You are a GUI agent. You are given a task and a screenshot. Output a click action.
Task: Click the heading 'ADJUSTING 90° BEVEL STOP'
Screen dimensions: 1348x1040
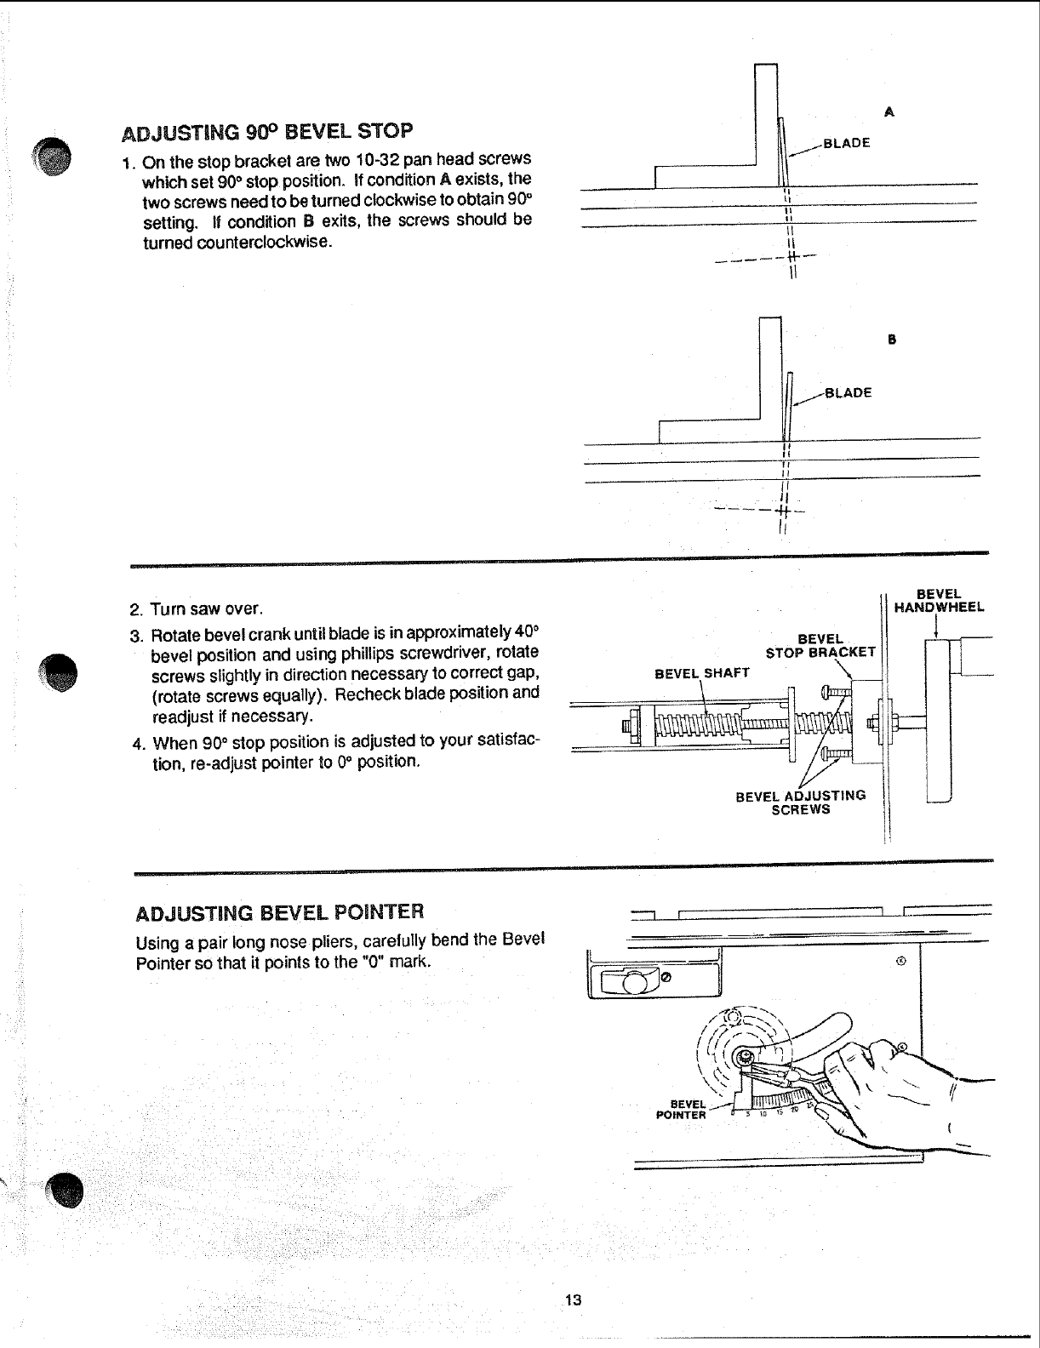click(268, 132)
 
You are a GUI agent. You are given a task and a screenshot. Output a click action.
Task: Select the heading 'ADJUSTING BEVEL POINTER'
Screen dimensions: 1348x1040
click(279, 913)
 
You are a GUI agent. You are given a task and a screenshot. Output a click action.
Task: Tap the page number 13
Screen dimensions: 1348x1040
click(572, 1299)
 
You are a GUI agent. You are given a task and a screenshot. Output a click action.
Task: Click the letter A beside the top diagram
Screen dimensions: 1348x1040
click(889, 111)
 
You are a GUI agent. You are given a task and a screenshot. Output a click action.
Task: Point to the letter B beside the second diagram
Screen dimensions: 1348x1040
click(892, 340)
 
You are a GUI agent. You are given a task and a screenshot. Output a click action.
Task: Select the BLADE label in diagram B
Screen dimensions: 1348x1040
click(849, 392)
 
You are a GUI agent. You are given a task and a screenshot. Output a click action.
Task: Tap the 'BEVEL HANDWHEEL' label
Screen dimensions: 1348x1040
click(939, 600)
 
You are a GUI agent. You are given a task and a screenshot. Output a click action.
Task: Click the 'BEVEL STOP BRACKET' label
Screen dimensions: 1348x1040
click(820, 646)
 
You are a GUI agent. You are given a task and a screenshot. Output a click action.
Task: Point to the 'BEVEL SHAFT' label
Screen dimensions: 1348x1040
click(701, 673)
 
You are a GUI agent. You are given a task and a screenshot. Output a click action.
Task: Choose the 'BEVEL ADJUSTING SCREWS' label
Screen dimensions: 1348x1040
click(800, 802)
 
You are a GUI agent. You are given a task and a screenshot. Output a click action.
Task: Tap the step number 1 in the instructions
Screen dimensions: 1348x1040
click(126, 163)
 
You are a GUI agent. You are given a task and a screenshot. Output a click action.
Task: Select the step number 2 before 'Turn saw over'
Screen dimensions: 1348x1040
click(134, 610)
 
